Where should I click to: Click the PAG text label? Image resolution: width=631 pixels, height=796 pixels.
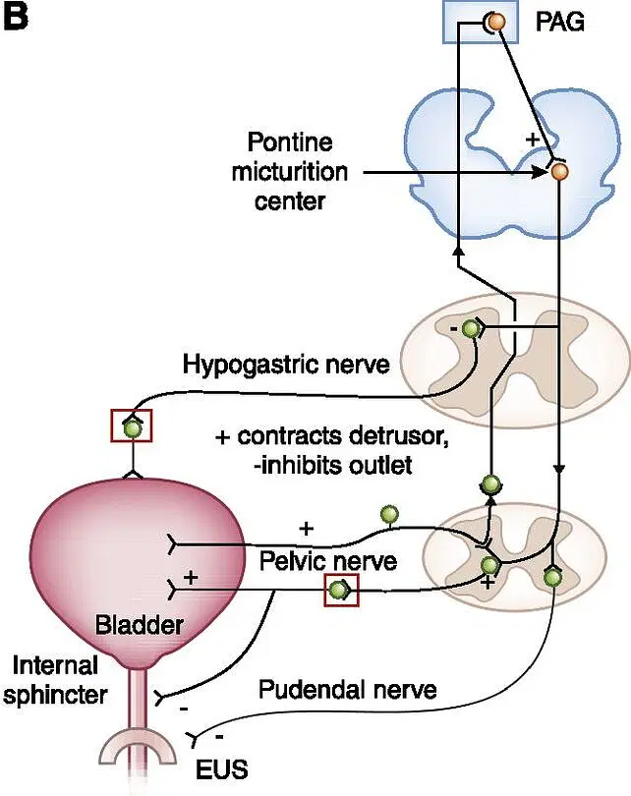point(560,21)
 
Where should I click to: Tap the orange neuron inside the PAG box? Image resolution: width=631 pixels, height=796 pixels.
point(497,22)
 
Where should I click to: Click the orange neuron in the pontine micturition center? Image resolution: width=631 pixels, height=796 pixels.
point(559,172)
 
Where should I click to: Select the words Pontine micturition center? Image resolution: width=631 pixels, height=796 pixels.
point(290,172)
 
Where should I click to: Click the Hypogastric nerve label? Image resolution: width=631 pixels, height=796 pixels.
point(286,365)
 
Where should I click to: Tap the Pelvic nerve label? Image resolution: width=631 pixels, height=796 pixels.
point(328,560)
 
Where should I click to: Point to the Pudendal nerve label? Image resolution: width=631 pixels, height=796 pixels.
point(347,690)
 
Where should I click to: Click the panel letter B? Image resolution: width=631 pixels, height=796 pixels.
point(17,18)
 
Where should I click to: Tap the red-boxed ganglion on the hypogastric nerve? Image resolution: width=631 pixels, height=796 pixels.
point(131,426)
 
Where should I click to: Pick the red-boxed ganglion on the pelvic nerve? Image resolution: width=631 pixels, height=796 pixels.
point(340,591)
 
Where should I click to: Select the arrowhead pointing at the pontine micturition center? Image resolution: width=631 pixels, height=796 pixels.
point(541,172)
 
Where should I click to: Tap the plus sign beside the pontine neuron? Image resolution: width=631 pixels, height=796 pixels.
point(533,140)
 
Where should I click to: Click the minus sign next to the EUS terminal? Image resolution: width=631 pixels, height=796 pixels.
point(219,732)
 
